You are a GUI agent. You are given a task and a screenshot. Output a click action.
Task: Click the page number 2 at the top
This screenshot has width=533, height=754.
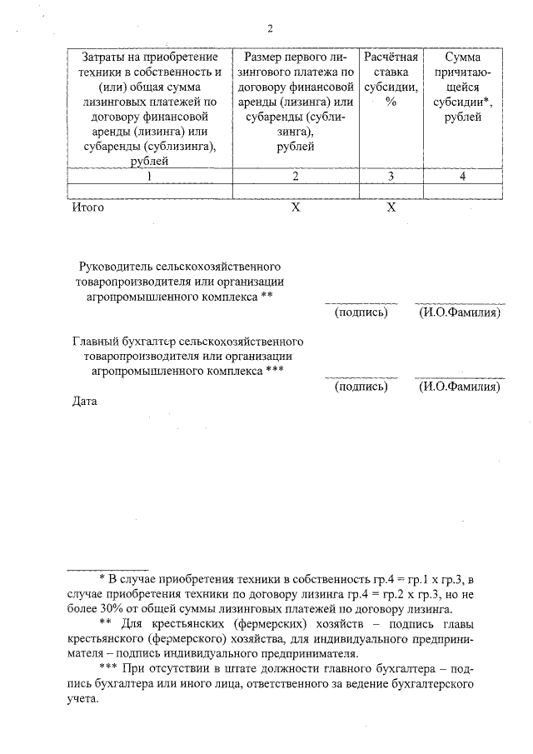coord(270,28)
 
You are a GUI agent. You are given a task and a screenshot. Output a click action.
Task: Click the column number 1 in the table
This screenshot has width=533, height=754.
coord(149,176)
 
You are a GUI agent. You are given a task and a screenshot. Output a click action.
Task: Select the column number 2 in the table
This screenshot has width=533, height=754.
coord(295,176)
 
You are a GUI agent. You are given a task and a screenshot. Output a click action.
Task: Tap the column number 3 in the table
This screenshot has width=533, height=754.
coord(390,176)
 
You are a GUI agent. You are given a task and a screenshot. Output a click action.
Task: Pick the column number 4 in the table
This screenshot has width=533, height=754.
coord(462,176)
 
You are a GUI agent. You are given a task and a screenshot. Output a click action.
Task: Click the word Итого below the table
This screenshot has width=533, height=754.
coord(87,207)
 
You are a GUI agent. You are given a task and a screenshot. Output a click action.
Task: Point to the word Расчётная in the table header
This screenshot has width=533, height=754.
coord(390,57)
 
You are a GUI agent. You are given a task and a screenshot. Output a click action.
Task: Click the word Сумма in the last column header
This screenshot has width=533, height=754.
coord(462,57)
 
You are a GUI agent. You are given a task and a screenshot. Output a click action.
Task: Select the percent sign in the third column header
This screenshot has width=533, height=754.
coord(390,102)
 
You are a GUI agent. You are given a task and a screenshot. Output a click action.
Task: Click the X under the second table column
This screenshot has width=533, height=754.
coord(295,207)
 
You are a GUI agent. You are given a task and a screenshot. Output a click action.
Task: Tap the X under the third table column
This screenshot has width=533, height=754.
coord(390,207)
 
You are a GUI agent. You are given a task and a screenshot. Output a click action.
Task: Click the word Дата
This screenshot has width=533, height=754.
coord(85,402)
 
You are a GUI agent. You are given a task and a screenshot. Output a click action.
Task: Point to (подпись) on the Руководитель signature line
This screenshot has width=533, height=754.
coord(361,312)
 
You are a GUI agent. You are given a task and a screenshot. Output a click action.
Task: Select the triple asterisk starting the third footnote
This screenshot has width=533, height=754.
coord(108,668)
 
